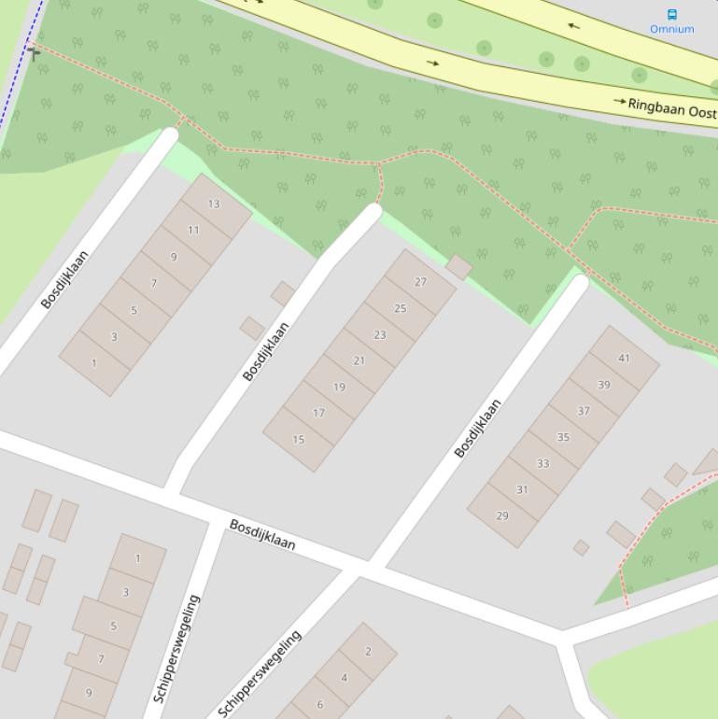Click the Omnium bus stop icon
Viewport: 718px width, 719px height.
click(x=672, y=14)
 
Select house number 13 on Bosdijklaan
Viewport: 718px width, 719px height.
click(x=214, y=204)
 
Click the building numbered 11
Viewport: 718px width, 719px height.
click(x=193, y=230)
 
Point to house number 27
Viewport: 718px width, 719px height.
click(x=420, y=282)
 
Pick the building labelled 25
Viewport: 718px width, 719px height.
click(x=401, y=308)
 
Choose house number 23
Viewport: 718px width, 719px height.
click(x=380, y=334)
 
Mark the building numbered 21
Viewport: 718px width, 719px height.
click(x=359, y=360)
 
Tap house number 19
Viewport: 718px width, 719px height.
click(x=339, y=387)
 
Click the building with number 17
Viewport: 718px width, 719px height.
click(x=318, y=413)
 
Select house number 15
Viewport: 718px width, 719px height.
click(x=299, y=439)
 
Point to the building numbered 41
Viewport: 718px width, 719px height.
click(x=624, y=358)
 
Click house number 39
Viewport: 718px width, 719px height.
click(x=604, y=385)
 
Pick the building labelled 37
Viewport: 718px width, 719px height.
click(x=584, y=411)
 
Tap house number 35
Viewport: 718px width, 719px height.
click(x=563, y=437)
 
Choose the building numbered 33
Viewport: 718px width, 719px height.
click(x=543, y=463)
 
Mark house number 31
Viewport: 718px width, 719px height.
click(x=522, y=489)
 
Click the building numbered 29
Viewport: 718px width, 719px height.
click(x=502, y=515)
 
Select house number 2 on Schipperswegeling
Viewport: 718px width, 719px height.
click(x=368, y=651)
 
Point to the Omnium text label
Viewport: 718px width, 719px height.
click(x=672, y=29)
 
